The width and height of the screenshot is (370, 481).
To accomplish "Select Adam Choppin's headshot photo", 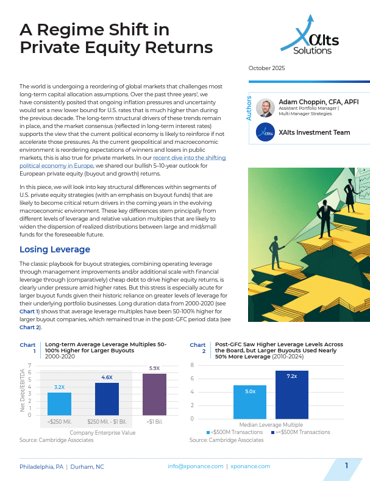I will coord(265,108).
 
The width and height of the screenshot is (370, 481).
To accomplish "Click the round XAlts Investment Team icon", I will coord(265,132).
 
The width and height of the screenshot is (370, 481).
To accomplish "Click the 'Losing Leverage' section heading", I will coord(55,249).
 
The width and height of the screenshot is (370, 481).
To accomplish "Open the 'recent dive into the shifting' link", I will coord(191,158).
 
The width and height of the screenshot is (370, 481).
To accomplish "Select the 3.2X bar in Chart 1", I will coord(59,404).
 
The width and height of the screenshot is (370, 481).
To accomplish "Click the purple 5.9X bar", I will coord(154,394).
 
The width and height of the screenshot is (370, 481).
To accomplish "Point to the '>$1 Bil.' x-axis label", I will coord(154,422).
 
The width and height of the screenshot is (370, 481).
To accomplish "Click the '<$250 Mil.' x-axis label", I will coord(59,422).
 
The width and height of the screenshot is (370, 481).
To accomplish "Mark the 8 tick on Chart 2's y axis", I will coord(192,365).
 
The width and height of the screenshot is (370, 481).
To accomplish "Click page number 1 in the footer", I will coord(346,466).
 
